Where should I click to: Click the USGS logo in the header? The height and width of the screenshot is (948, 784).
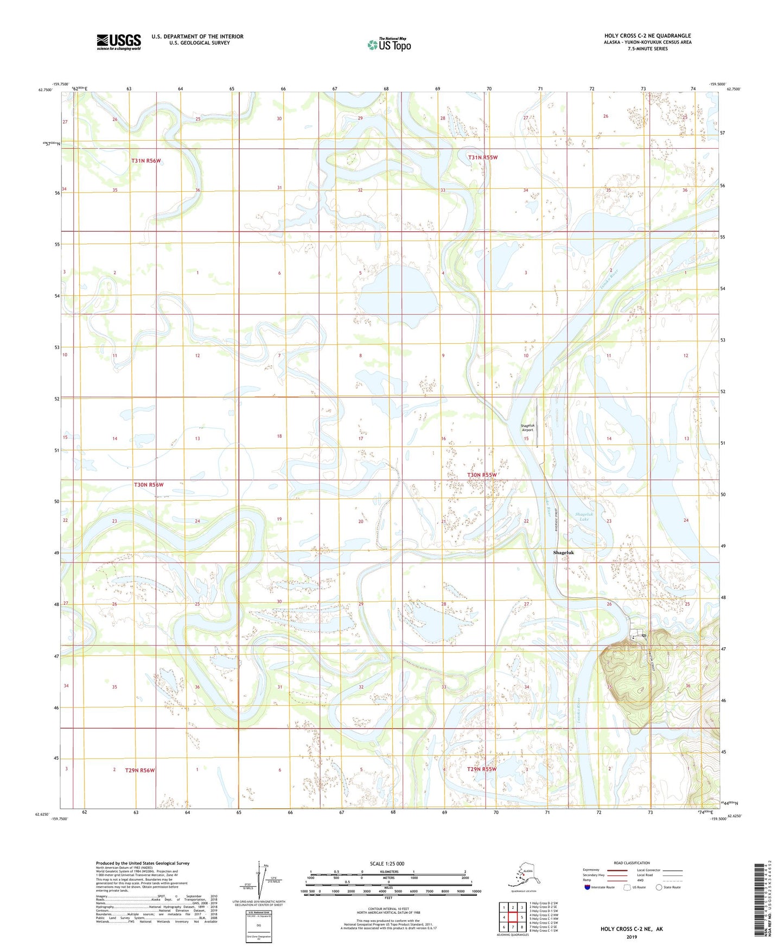point(119,42)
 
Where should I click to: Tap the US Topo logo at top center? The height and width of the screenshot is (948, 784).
point(388,44)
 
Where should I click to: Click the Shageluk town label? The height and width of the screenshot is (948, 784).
point(563,552)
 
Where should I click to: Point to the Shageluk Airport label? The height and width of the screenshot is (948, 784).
point(527,427)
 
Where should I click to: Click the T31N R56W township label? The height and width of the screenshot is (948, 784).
point(146,161)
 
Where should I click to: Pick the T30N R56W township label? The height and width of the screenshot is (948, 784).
point(149,484)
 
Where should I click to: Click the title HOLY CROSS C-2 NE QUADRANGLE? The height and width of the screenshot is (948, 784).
point(647,36)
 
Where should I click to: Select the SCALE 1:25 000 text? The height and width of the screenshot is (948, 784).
point(387,863)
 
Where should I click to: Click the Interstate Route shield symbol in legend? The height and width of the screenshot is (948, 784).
point(587,887)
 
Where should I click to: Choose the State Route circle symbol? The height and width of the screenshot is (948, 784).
point(659,887)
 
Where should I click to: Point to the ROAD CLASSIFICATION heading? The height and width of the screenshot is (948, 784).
point(632,863)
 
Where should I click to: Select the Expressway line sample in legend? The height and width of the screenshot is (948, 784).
point(617,870)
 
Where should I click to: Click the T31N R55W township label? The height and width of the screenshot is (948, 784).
point(483,157)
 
